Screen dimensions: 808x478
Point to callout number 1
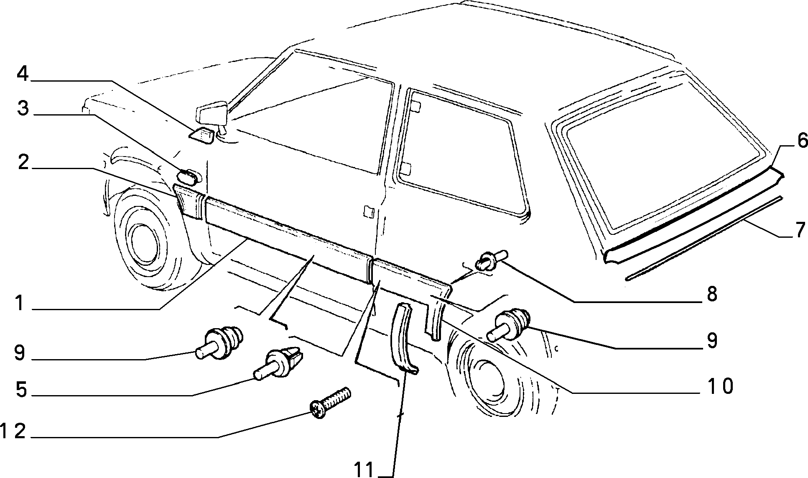click(18, 303)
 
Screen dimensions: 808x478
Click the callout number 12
click(13, 432)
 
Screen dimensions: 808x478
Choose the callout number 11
click(365, 470)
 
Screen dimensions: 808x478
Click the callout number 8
click(712, 294)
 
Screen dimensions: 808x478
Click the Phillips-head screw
click(330, 403)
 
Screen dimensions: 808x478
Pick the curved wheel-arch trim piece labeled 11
click(402, 337)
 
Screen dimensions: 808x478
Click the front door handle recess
click(368, 211)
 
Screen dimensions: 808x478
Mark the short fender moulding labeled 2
click(189, 202)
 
